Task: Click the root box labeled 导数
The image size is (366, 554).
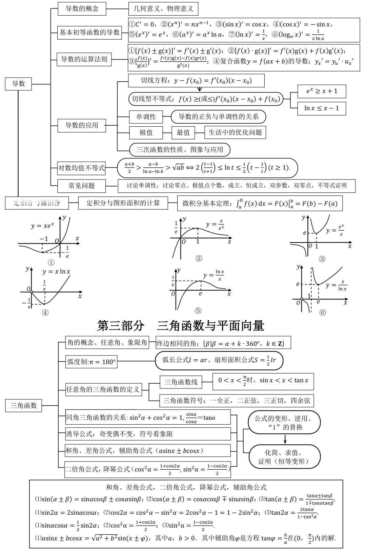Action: coord(18,84)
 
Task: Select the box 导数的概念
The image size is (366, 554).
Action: coord(82,9)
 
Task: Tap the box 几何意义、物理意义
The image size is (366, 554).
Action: coord(163,9)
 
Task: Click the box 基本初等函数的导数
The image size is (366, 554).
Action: coord(89,33)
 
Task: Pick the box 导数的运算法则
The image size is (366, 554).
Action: coord(84,59)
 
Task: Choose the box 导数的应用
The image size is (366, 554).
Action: coord(82,125)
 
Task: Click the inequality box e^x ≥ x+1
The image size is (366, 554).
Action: coord(321,91)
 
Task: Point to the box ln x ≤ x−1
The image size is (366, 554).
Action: coord(321,108)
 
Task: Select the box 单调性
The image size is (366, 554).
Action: coord(146,117)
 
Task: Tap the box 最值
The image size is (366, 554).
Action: coord(183,132)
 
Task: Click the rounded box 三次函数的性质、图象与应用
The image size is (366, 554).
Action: coord(180,149)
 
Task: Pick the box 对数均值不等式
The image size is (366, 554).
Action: coord(82,168)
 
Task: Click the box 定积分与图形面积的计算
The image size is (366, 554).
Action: coord(123,203)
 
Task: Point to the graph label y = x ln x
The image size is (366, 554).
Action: coord(56,272)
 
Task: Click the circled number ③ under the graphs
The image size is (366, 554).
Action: coord(322,259)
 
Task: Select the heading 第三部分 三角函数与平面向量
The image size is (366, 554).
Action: coord(181,326)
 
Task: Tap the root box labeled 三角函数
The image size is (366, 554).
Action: coord(23,405)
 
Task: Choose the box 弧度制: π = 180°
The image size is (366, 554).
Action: coord(91,362)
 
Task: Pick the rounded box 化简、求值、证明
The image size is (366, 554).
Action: coord(285,457)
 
